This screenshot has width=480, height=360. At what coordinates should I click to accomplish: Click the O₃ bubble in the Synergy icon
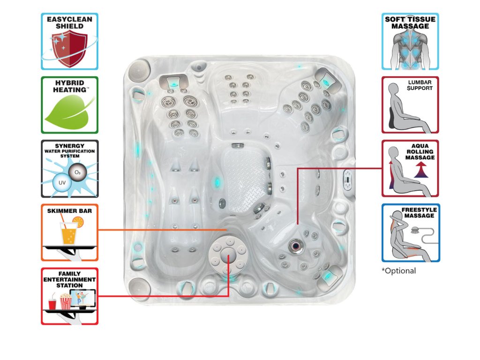(77, 172)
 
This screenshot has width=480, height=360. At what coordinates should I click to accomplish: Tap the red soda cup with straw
(52, 302)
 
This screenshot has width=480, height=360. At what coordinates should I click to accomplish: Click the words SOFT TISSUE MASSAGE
(410, 22)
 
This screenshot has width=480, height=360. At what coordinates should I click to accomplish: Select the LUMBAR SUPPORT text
(420, 85)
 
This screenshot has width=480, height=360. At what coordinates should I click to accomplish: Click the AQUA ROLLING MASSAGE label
(421, 152)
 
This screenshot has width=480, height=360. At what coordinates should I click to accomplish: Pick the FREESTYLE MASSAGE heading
(418, 213)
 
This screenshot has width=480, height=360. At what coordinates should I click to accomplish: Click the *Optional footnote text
(398, 271)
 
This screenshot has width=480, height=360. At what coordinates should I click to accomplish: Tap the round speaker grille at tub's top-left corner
(136, 70)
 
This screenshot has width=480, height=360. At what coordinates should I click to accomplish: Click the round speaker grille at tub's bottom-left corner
(136, 285)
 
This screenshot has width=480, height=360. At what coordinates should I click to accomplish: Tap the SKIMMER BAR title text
(69, 211)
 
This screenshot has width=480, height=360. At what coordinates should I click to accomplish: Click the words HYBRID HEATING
(69, 86)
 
